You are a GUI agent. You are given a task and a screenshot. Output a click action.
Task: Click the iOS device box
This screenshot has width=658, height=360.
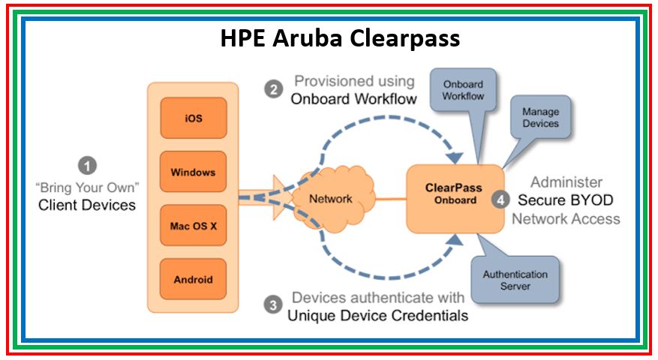pos(193,118)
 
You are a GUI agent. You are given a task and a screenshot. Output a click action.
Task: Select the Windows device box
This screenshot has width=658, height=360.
pos(193,172)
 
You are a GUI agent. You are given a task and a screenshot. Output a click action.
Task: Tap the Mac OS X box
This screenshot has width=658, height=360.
pos(193,226)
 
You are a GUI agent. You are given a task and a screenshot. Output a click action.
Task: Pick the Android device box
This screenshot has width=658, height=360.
pos(193,279)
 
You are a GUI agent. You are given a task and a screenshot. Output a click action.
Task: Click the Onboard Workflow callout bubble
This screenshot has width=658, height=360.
pos(462,91)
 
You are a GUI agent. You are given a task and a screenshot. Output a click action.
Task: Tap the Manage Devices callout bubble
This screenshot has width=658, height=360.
pos(540,118)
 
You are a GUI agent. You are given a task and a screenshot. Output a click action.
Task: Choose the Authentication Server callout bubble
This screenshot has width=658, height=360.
pos(515,279)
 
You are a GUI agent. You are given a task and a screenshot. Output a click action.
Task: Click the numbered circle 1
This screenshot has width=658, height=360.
pos(89,164)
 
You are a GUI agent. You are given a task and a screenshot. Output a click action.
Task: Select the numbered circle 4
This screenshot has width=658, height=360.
pos(500,199)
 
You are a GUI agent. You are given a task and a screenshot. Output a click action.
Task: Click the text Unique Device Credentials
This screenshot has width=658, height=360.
pos(377,315)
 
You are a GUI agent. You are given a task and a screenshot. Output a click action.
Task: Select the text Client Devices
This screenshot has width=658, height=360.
pos(87,204)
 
